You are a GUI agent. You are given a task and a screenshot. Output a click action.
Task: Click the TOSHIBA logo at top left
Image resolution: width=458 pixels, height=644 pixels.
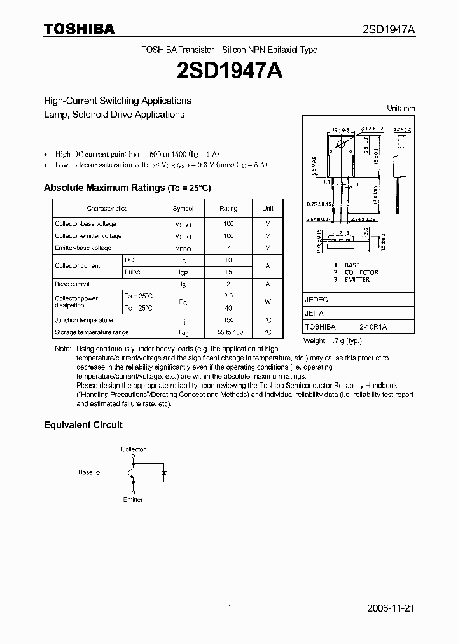click(79, 29)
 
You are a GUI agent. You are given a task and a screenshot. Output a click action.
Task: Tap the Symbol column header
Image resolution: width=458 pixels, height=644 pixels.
click(183, 208)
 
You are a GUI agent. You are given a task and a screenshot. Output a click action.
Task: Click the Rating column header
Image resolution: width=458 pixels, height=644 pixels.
click(228, 208)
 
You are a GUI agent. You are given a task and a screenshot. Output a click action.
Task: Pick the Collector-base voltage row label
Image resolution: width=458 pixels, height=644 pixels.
click(85, 224)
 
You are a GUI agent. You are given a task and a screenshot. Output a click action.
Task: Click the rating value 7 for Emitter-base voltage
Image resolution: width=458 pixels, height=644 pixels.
click(228, 248)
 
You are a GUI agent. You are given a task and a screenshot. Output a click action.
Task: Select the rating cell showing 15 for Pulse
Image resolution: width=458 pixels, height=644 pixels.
click(228, 272)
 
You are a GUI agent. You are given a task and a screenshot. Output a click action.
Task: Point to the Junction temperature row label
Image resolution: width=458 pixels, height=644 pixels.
click(83, 320)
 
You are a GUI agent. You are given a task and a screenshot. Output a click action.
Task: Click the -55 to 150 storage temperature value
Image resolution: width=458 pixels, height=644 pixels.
click(228, 332)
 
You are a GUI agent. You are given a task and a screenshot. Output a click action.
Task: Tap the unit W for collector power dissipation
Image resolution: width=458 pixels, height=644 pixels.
click(268, 302)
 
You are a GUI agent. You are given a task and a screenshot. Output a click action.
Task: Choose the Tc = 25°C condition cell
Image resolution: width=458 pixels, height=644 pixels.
click(139, 308)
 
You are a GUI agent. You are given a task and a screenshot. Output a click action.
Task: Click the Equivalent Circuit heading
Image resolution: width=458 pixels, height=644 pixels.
click(83, 424)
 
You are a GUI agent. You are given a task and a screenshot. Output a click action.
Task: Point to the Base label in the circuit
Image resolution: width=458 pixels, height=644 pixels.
click(85, 472)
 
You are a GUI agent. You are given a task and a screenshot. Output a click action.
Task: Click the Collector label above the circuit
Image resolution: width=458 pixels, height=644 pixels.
click(134, 449)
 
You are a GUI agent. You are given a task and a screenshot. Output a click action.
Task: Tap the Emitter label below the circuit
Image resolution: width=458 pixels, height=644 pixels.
click(134, 500)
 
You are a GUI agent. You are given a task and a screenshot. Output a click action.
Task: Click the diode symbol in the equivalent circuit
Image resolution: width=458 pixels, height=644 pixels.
click(164, 473)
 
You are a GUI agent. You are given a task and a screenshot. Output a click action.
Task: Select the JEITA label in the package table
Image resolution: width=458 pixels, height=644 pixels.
click(314, 313)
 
